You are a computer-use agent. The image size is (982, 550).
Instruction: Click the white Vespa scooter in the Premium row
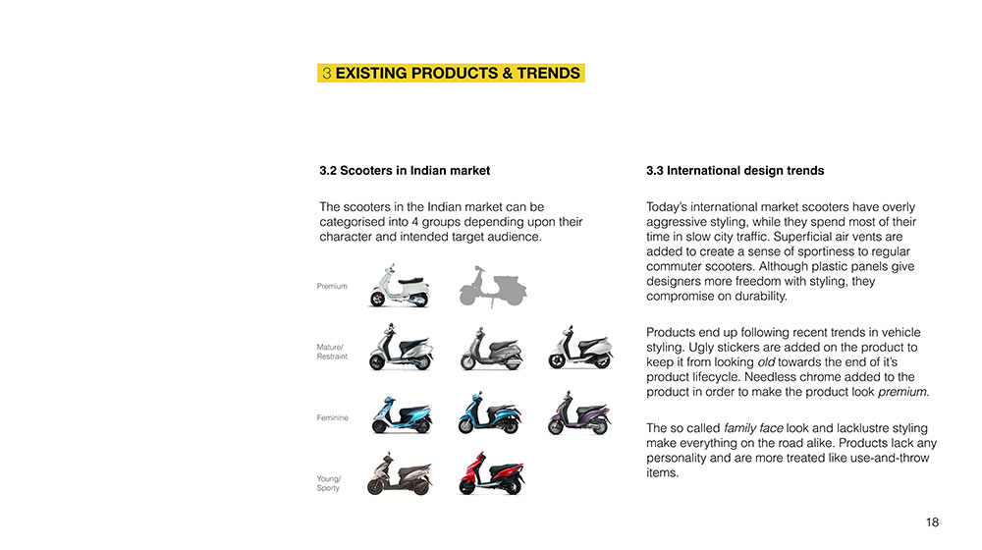point(400,286)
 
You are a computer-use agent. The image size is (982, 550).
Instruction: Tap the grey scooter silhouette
point(492,287)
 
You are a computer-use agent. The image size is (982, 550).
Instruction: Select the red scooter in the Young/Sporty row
point(492,473)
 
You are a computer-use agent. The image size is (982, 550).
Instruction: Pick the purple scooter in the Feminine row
point(578,413)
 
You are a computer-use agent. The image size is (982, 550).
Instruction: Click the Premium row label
point(332,286)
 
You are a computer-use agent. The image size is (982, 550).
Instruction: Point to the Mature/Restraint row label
point(332,352)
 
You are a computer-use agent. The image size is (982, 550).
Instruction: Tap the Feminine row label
point(333,417)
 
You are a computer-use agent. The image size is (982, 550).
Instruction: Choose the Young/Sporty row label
point(329,483)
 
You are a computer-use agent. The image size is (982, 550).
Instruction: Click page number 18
point(932,522)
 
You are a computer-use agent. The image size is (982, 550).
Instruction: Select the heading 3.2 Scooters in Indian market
point(405,170)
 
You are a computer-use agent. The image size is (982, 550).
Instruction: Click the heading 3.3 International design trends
point(736,170)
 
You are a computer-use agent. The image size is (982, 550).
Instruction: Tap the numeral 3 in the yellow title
point(326,74)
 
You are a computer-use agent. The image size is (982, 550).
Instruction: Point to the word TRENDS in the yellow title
point(549,74)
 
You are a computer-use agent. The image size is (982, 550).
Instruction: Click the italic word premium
point(902,392)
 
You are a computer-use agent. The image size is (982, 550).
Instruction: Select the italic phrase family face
point(753,428)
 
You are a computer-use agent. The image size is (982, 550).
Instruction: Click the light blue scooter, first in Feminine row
point(402,414)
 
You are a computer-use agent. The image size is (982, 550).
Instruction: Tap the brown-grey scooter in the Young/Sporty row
point(400,473)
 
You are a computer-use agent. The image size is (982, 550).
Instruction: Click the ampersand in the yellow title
point(508,74)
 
